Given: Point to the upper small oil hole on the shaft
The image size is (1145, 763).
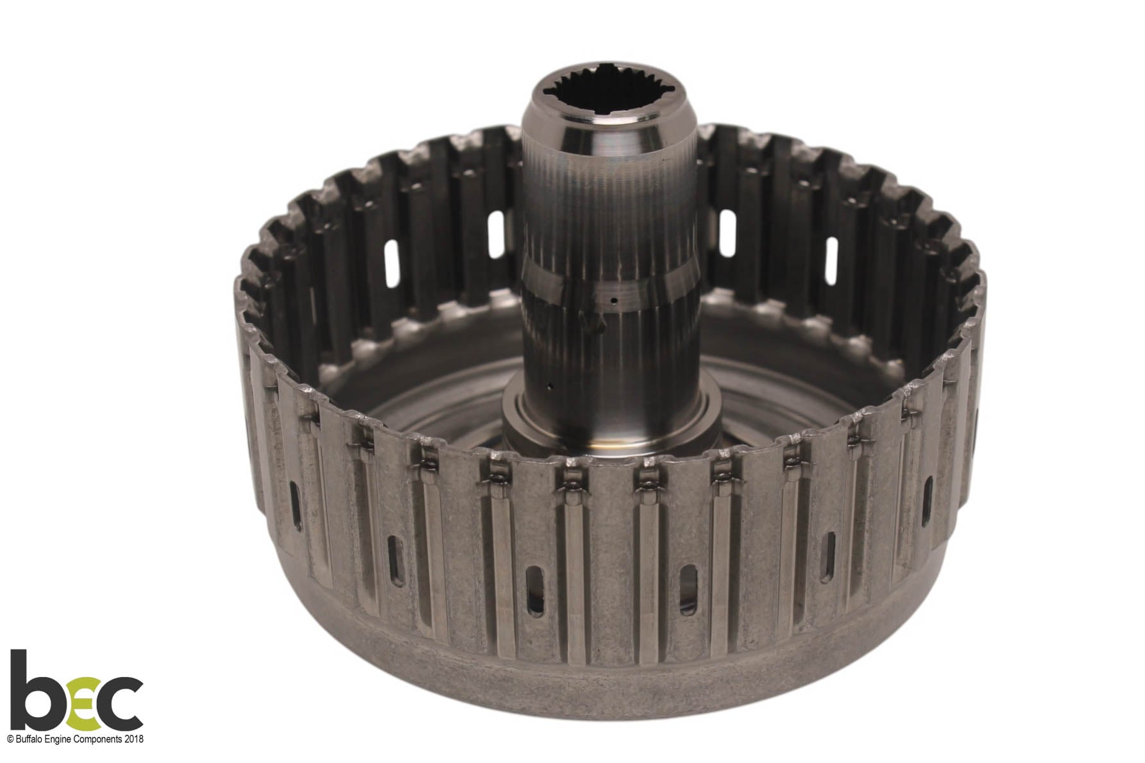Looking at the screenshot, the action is pyautogui.click(x=614, y=300).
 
